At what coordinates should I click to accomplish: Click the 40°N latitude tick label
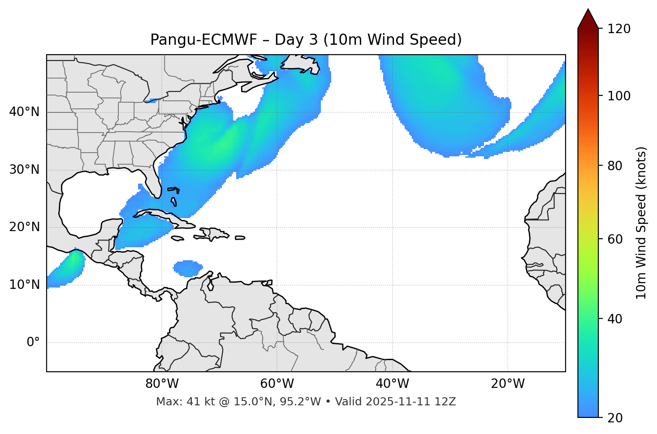click(24, 112)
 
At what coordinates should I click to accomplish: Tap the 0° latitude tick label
click(33, 343)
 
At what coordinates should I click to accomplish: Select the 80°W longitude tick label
click(162, 384)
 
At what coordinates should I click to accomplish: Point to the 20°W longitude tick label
click(508, 384)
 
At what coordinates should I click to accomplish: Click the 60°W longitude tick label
click(277, 384)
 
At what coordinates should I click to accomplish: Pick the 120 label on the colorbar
click(618, 29)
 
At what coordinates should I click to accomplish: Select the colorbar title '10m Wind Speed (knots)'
click(641, 223)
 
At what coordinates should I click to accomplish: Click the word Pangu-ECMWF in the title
click(203, 40)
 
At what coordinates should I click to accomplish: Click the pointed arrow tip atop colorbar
click(588, 12)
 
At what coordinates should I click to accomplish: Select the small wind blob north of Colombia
click(187, 268)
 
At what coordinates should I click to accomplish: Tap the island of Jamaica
click(177, 238)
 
